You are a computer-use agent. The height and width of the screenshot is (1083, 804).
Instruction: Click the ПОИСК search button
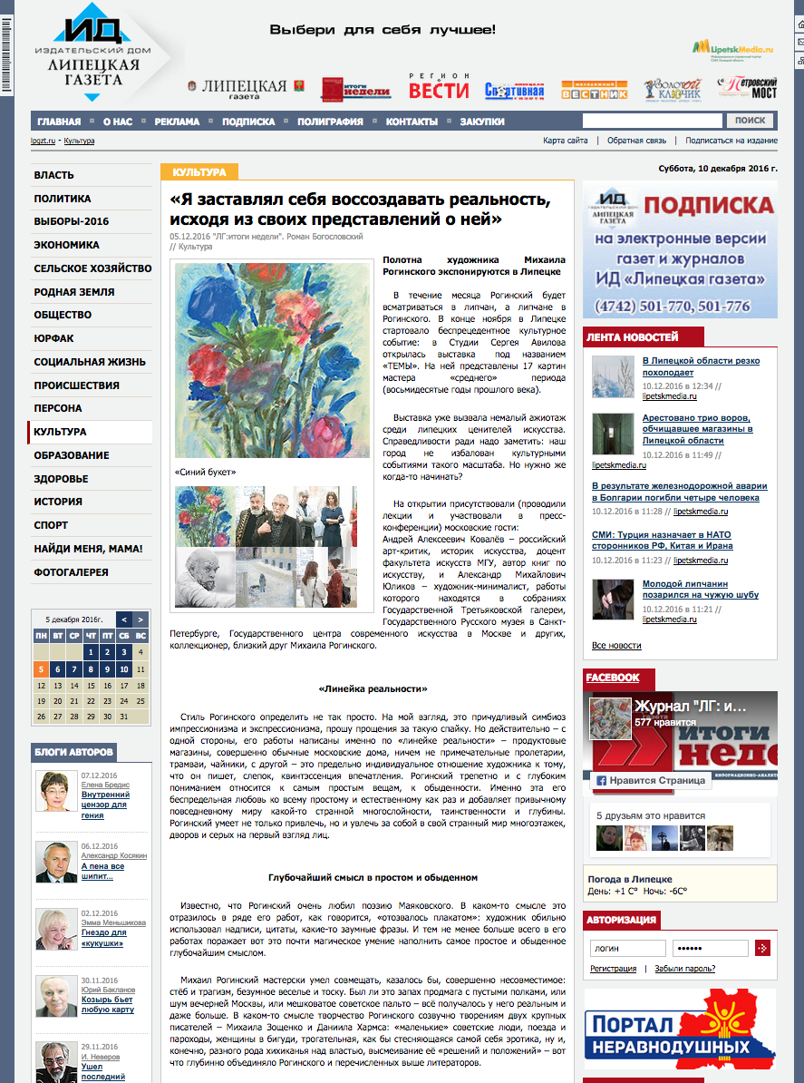pyautogui.click(x=750, y=121)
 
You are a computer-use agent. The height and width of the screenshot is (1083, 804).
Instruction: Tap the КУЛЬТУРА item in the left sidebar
pyautogui.click(x=60, y=432)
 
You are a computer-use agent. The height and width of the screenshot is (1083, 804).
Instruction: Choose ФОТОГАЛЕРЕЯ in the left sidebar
pyautogui.click(x=71, y=572)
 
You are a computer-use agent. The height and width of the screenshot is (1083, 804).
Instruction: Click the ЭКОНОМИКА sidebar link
pyautogui.click(x=66, y=245)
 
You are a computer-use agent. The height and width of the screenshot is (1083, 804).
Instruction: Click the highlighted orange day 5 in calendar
pyautogui.click(x=41, y=669)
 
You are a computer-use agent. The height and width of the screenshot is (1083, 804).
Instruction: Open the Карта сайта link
pyautogui.click(x=566, y=141)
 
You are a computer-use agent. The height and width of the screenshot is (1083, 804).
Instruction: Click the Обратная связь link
pyautogui.click(x=636, y=141)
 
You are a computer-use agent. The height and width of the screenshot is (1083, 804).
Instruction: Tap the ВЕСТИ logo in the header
pyautogui.click(x=439, y=89)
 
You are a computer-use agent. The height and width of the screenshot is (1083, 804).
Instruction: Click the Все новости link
pyautogui.click(x=616, y=646)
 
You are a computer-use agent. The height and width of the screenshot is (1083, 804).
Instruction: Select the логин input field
pyautogui.click(x=627, y=948)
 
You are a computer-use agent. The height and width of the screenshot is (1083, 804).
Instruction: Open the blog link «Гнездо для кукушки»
pyautogui.click(x=103, y=938)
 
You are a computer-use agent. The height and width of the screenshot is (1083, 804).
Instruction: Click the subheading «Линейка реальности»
pyautogui.click(x=373, y=689)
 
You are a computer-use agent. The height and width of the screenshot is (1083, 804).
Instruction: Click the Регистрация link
pyautogui.click(x=614, y=969)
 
